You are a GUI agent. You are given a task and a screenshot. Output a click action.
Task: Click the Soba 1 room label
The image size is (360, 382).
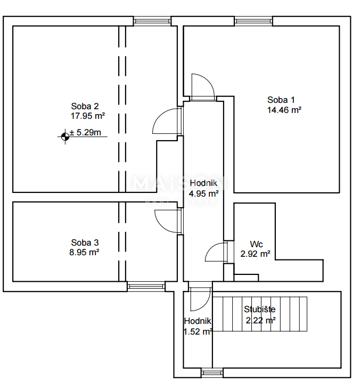click(281, 100)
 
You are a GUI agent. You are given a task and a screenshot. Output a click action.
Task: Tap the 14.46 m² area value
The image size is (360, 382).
click(284, 110)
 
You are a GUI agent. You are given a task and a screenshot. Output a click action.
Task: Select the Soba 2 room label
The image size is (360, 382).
click(86, 105)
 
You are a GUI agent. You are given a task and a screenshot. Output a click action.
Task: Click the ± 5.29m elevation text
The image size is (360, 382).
click(86, 133)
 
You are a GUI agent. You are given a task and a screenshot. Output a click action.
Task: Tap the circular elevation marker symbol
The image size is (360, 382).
click(65, 137)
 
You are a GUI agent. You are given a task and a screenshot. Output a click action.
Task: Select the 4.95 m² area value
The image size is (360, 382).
click(204, 194)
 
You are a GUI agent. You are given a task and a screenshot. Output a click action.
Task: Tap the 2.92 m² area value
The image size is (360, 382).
click(255, 254)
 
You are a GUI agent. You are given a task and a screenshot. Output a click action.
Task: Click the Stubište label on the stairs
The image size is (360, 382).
click(260, 309)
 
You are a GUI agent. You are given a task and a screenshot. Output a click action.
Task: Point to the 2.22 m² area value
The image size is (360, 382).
click(260, 320)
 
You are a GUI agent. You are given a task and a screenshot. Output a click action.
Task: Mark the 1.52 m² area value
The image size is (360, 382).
click(198, 331)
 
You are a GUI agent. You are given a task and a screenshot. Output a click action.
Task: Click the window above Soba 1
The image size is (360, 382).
click(253, 21)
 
